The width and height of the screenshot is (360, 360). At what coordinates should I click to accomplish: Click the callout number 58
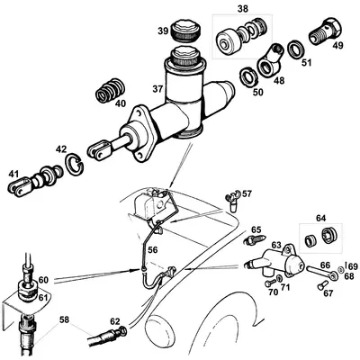point(64,319)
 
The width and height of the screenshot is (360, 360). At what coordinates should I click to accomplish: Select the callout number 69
point(354,265)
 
